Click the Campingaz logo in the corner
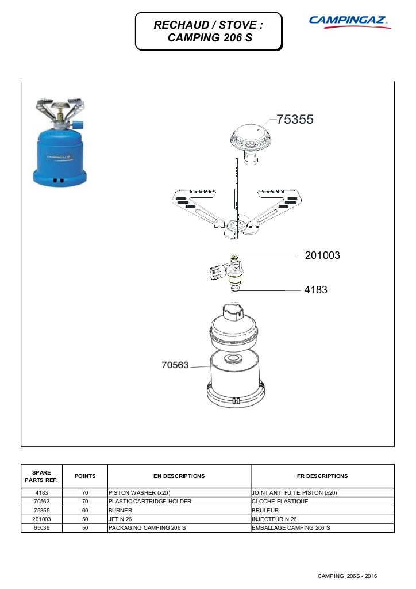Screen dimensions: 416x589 click(x=350, y=21)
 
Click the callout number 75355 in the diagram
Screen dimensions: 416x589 click(x=295, y=120)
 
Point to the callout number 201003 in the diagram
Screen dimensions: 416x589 click(x=322, y=255)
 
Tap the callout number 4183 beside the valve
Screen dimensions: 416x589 click(x=315, y=290)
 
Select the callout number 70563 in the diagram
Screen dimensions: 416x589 click(x=175, y=365)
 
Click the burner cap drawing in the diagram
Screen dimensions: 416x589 click(x=251, y=143)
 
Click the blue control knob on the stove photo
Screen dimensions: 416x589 click(x=78, y=125)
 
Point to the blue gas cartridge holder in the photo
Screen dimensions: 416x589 click(x=60, y=157)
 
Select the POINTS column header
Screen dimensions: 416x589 click(x=85, y=476)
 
